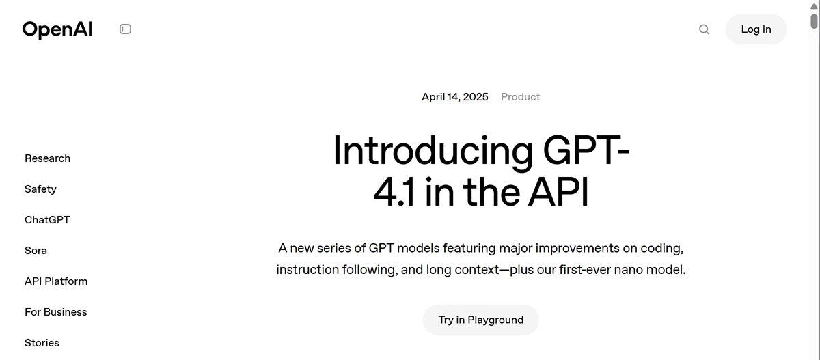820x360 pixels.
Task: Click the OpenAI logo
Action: (x=57, y=29)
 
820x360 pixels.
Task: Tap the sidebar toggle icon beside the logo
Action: (x=125, y=29)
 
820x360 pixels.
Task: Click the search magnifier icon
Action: (x=704, y=29)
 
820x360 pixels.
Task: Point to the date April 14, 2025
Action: (x=455, y=96)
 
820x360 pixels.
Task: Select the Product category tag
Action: (x=520, y=96)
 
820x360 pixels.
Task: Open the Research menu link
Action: (x=47, y=158)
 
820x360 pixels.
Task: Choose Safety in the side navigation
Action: (x=40, y=189)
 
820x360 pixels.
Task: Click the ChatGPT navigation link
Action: (x=47, y=220)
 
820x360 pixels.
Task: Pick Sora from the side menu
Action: (x=36, y=251)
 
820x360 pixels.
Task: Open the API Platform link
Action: (x=56, y=281)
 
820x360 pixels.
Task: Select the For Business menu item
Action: (x=55, y=312)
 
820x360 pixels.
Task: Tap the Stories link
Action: (x=42, y=343)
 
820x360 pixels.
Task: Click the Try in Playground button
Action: (x=480, y=320)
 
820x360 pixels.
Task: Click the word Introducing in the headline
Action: (x=433, y=152)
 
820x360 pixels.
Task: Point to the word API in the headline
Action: (x=558, y=192)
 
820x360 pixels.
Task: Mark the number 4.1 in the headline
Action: (x=394, y=192)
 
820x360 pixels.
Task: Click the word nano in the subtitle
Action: (x=628, y=270)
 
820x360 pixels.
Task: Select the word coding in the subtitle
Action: (x=661, y=249)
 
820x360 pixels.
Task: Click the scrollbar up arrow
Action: (x=814, y=6)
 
